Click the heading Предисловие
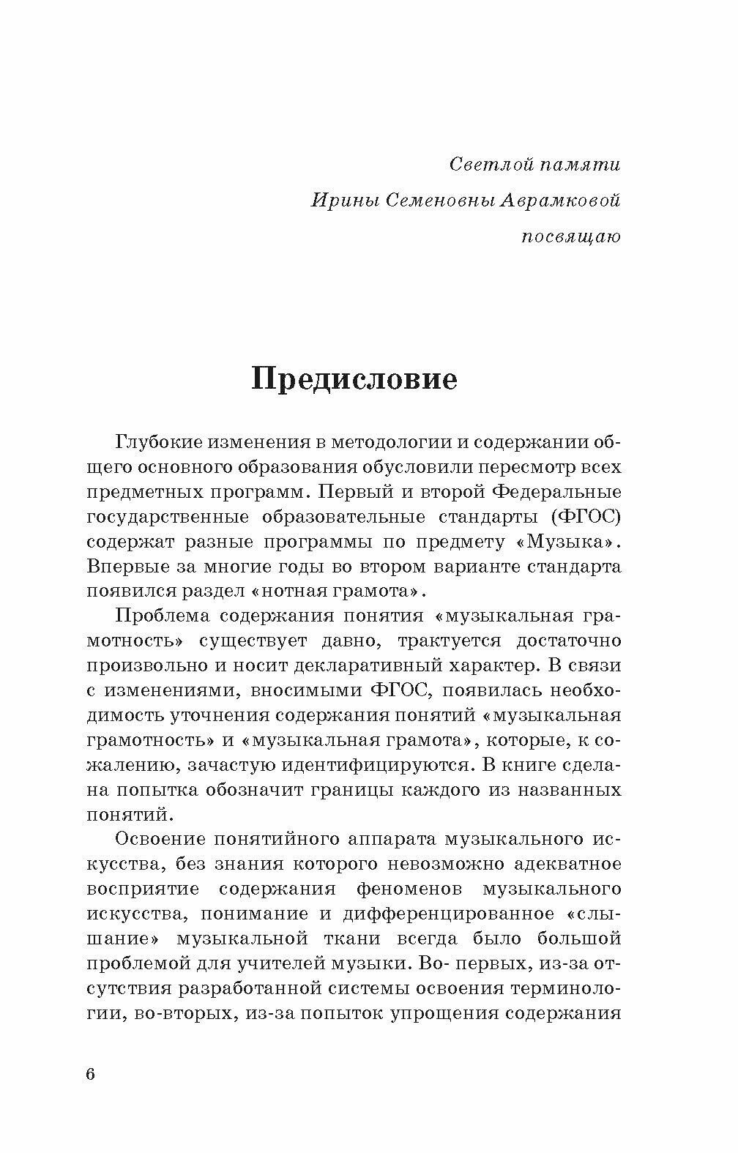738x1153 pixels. tap(354, 380)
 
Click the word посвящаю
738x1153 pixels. tap(571, 236)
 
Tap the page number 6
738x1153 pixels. tap(91, 1074)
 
